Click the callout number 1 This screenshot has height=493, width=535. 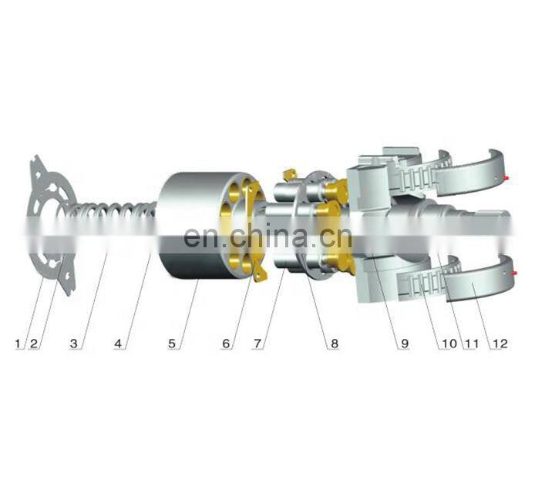[19, 344]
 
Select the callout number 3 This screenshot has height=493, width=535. [74, 344]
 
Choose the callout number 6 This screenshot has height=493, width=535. [225, 344]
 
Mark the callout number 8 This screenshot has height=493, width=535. [334, 344]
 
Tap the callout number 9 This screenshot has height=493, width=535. [403, 344]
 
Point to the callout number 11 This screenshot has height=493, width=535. [469, 344]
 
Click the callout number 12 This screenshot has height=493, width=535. [500, 344]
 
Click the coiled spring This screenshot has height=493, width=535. [116, 220]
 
